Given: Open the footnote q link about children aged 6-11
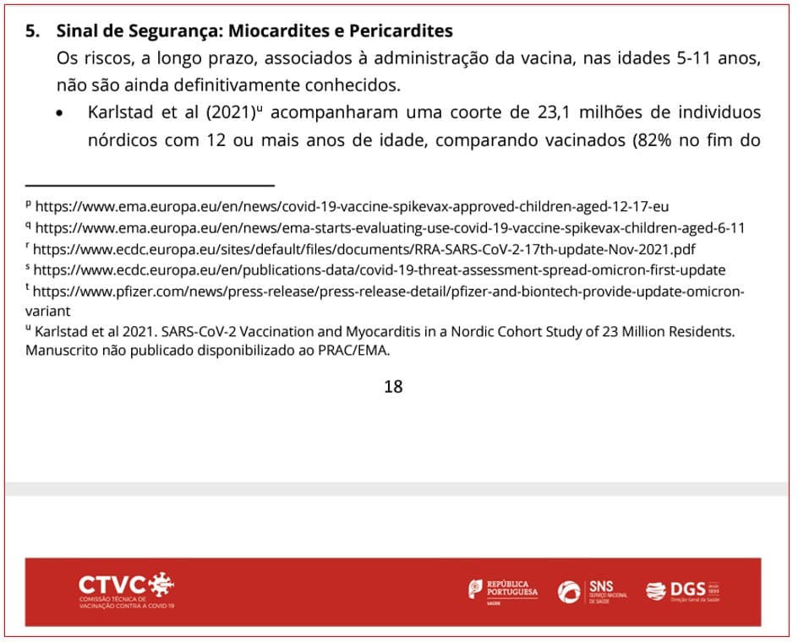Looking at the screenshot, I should click(390, 228).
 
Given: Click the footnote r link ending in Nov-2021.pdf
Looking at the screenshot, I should click(364, 249).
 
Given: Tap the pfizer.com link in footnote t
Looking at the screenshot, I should click(389, 291).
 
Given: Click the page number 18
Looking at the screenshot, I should click(393, 387).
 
